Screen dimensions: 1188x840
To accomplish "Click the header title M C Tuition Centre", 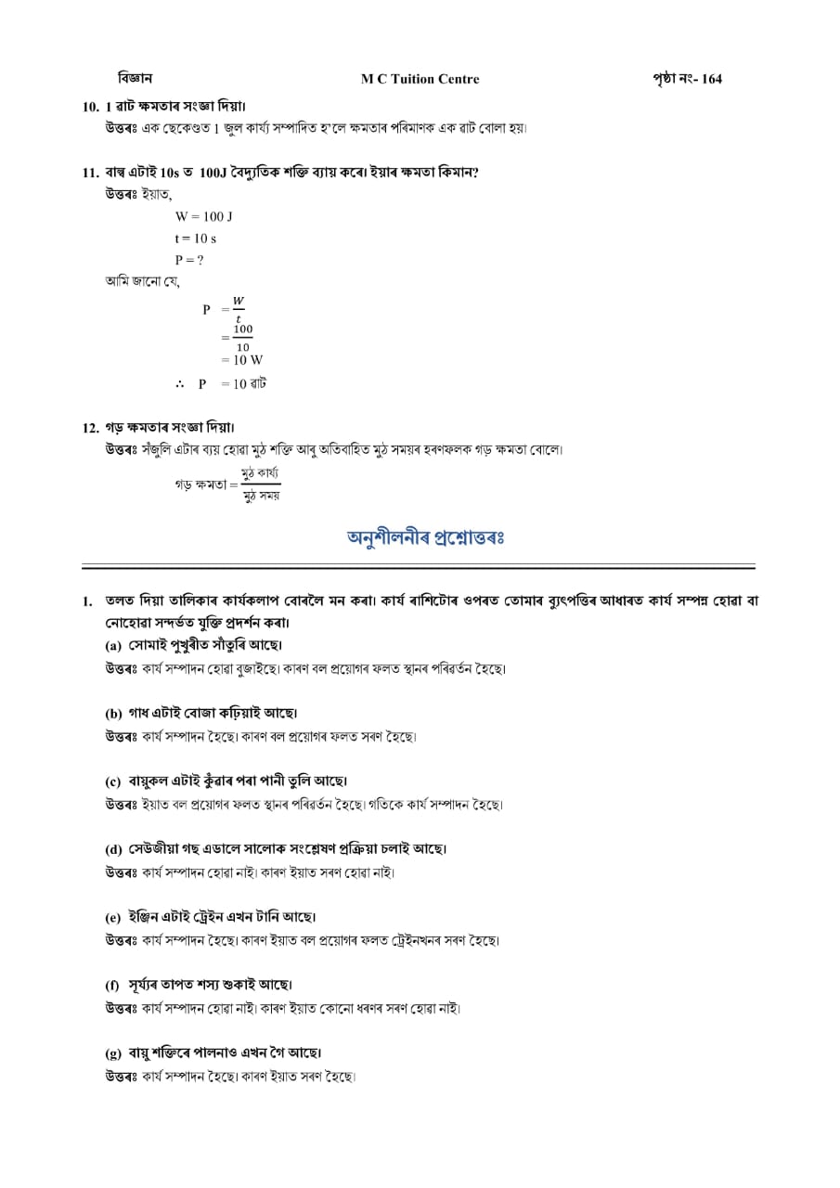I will tap(420, 79).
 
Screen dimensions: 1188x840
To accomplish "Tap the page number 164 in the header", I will tap(711, 79).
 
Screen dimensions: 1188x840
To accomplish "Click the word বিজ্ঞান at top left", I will tap(135, 78).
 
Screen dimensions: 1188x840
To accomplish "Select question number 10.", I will tap(90, 107).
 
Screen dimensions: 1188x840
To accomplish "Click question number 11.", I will tap(90, 173).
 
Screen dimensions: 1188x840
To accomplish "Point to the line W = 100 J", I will tap(203, 216).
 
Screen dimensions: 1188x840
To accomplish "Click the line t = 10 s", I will tap(195, 239).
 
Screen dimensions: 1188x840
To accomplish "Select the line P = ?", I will tap(189, 261).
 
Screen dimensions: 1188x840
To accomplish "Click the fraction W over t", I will tap(239, 309).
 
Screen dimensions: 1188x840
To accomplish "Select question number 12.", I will tap(90, 428).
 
